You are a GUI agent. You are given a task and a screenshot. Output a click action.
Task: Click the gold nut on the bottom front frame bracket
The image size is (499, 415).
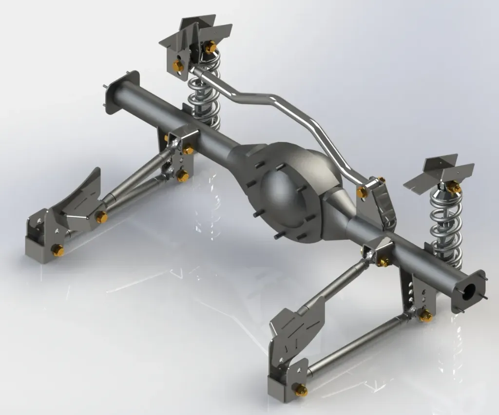(x=301, y=390)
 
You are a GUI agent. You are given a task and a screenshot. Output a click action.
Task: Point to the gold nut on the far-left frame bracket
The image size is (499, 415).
(x=58, y=250)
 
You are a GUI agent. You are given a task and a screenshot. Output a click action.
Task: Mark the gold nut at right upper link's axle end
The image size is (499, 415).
(x=384, y=262)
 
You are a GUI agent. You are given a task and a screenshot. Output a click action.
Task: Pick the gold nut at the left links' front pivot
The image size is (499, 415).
(x=101, y=217)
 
